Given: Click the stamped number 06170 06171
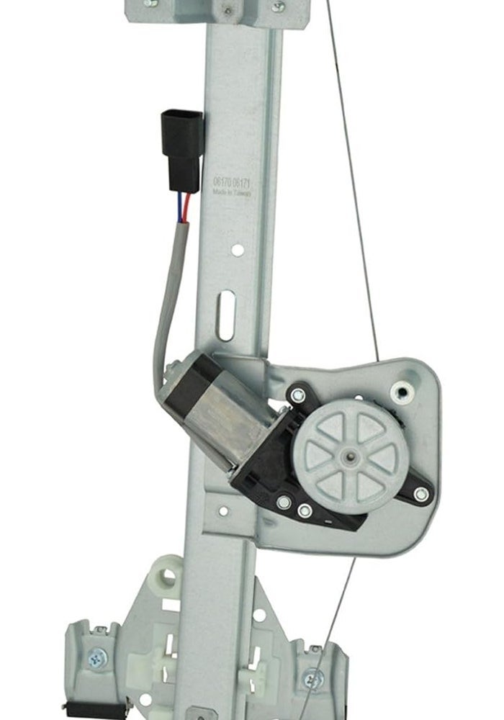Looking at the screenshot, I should pos(232,184).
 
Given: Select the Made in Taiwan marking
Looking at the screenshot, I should pos(232,193).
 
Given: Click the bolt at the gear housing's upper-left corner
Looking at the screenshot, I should pos(296,395).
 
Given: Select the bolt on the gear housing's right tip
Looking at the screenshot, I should pos(420,494).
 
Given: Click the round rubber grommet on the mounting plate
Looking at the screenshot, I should pos(402,392).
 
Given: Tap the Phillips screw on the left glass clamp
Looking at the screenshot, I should pos(94,657).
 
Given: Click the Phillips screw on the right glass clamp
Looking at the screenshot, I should pos(312,678).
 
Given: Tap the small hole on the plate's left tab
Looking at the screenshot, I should pos(223,511).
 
